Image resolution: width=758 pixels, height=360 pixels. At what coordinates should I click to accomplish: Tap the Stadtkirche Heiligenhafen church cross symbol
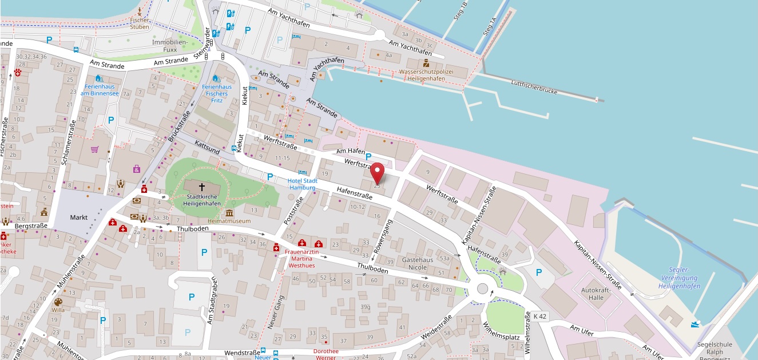pyautogui.click(x=201, y=186)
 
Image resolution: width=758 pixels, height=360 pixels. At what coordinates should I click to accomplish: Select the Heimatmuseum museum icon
pyautogui.click(x=229, y=213)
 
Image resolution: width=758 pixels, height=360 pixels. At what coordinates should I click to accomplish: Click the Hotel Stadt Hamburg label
pyautogui.click(x=302, y=183)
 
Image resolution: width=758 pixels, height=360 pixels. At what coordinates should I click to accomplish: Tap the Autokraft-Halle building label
pyautogui.click(x=596, y=294)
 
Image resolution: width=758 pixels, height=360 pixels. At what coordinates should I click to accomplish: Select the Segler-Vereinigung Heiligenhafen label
pyautogui.click(x=679, y=278)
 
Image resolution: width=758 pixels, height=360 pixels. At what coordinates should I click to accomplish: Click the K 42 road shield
pyautogui.click(x=539, y=316)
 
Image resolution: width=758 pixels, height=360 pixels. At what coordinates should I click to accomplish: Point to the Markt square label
pyautogui.click(x=78, y=217)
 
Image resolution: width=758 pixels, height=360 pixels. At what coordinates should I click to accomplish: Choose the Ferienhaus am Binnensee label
pyautogui.click(x=99, y=89)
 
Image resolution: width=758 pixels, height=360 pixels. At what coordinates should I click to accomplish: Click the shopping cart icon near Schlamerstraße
pyautogui.click(x=95, y=149)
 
